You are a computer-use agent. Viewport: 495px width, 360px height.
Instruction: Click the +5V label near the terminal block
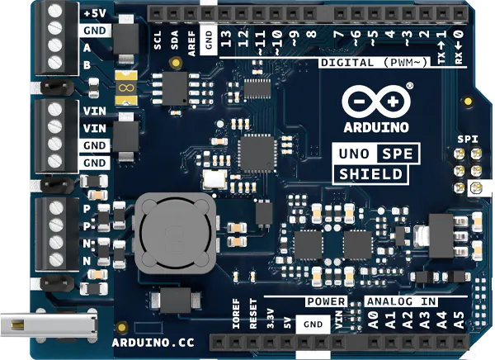93,13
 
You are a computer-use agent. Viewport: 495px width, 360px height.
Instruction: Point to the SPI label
468,140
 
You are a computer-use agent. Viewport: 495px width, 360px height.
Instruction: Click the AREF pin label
191,40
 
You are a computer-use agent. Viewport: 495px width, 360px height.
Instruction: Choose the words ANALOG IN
401,301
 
